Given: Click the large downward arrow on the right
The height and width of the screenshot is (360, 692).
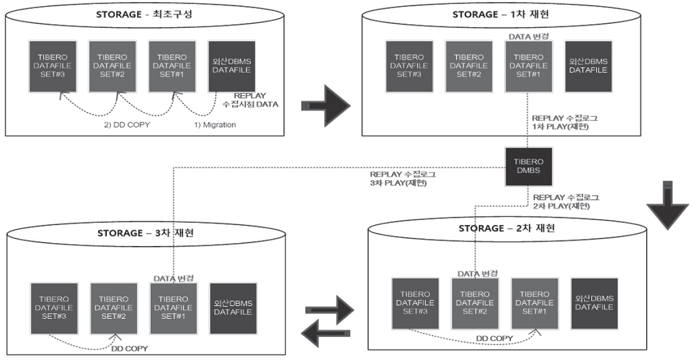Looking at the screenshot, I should tap(668, 207).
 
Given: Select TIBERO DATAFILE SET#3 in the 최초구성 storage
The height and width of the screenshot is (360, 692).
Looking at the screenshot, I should tap(52, 66).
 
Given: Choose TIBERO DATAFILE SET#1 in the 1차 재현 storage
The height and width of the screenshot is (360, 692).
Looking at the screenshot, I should tap(528, 66).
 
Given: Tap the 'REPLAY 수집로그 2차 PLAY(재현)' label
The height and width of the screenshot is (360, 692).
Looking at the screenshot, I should tap(566, 202).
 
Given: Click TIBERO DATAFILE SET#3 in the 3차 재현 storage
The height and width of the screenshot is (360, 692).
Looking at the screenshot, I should tap(54, 307).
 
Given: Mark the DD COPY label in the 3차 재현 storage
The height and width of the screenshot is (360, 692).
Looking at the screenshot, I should tap(129, 349).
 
